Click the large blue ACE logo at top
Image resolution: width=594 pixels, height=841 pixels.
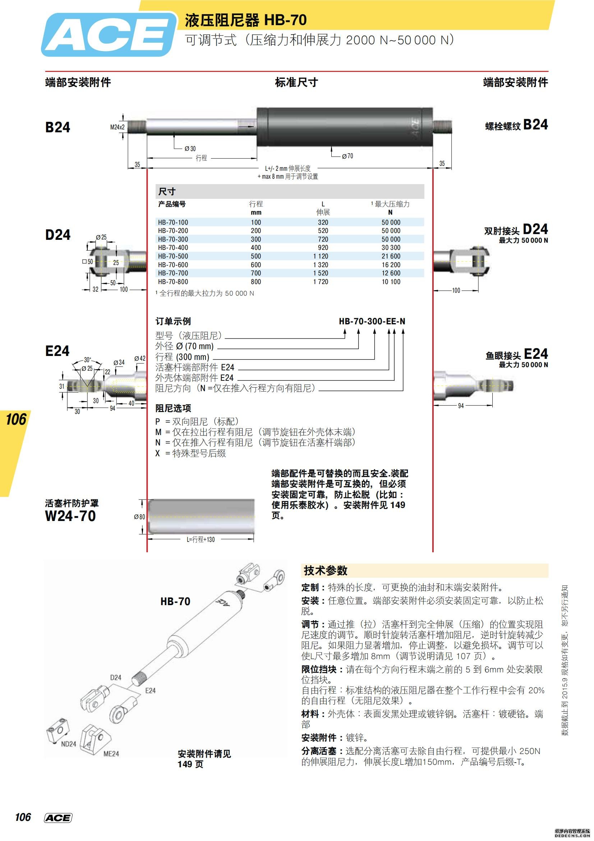(x=109, y=35)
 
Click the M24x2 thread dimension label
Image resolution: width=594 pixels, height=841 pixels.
(x=117, y=127)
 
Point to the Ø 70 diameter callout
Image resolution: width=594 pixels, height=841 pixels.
(x=347, y=156)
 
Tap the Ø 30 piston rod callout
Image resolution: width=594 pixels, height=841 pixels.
(x=190, y=148)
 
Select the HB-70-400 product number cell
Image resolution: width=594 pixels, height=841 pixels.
(x=173, y=248)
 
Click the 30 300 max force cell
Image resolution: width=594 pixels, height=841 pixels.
(x=391, y=248)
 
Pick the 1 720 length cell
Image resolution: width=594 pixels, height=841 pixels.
(x=321, y=282)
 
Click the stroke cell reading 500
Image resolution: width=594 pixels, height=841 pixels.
(x=256, y=256)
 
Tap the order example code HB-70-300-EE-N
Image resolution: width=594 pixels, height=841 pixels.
(x=372, y=321)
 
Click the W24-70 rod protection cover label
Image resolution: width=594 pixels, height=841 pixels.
(x=70, y=516)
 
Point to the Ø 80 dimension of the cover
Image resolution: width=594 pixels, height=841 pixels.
(x=139, y=517)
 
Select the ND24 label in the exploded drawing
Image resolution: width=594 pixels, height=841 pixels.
(x=68, y=744)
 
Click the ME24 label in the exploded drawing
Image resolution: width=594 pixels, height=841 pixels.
(x=111, y=754)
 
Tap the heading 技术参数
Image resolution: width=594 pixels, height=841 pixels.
(x=325, y=570)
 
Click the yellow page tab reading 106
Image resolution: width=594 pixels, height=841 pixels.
(x=16, y=419)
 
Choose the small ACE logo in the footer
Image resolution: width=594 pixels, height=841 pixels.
(x=58, y=818)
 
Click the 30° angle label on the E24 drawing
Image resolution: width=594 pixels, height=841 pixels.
(x=88, y=360)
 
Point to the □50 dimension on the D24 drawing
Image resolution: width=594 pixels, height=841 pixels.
(x=88, y=261)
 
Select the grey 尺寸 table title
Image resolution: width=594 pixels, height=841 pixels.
(x=167, y=191)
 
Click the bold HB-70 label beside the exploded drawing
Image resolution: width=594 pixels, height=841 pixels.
(x=175, y=601)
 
